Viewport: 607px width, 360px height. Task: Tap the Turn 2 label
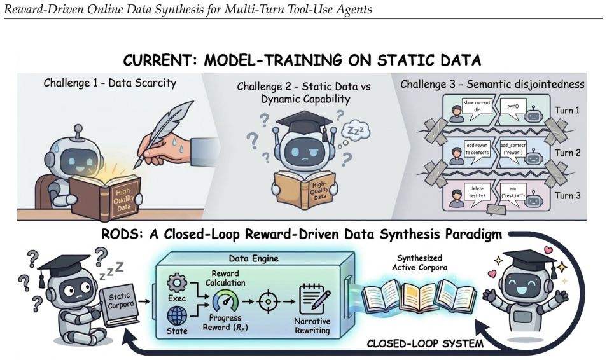tap(568, 153)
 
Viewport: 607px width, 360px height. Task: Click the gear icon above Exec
tap(176, 283)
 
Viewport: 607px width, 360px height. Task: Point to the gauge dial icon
tap(226, 301)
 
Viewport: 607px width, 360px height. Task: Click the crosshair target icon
tap(269, 301)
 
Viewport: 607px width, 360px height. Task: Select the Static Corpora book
tap(119, 305)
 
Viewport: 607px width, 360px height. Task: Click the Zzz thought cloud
tap(356, 132)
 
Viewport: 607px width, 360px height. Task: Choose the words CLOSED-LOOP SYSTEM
tap(425, 343)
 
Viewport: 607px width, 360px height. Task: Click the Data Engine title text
tap(254, 259)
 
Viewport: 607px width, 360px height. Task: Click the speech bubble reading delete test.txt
tap(477, 192)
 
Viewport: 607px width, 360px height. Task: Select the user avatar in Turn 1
tap(457, 114)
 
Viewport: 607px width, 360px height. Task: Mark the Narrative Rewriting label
tap(312, 326)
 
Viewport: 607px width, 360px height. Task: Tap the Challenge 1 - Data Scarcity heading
tap(109, 83)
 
